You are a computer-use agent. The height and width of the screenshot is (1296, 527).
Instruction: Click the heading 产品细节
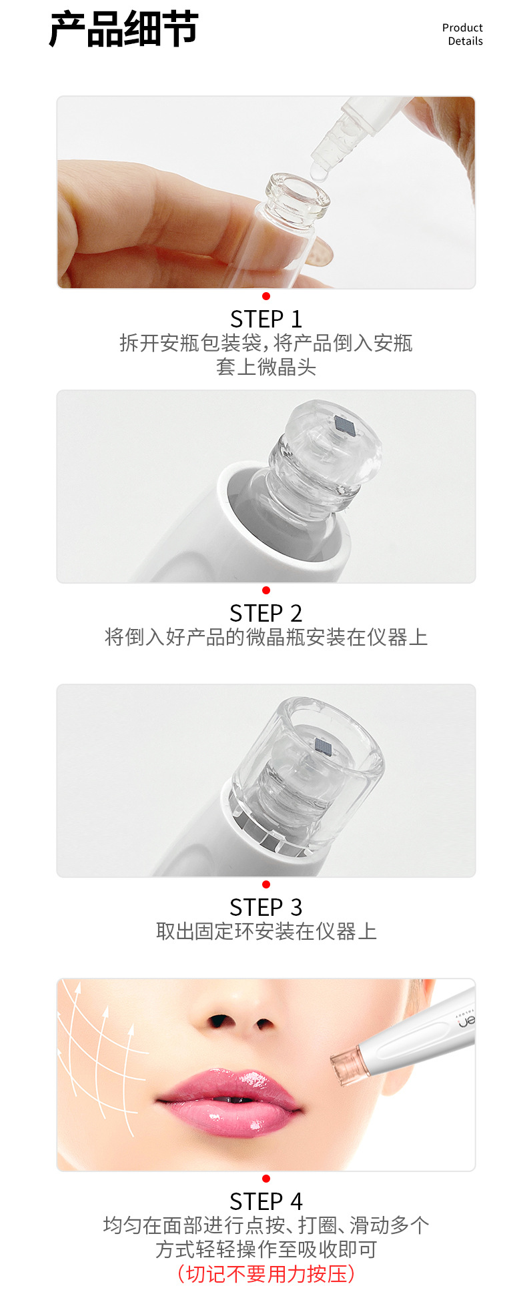(123, 29)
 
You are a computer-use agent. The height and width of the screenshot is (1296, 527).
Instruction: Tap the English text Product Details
(462, 34)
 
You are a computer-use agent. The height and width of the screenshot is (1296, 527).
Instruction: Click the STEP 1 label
(266, 319)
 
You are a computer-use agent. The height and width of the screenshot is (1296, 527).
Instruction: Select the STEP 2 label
(266, 613)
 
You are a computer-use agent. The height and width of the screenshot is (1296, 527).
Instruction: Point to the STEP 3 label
(266, 907)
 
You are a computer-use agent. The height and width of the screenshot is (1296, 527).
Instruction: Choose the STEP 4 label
(266, 1201)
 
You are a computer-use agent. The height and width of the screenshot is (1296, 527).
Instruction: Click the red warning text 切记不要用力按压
(266, 1273)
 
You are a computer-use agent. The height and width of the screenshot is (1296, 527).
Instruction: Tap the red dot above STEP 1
(266, 296)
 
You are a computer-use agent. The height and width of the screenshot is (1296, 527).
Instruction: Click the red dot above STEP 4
(266, 1179)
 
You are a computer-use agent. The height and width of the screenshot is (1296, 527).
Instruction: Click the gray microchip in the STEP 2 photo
(345, 424)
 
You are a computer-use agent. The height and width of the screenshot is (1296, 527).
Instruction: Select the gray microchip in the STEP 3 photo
(324, 746)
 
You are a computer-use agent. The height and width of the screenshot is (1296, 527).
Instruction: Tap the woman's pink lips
(228, 1102)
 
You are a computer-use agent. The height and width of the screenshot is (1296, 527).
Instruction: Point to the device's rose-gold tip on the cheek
(346, 1067)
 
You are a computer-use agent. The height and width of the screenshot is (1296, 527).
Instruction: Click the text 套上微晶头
(266, 367)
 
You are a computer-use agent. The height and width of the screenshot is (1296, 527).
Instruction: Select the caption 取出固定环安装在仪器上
(266, 931)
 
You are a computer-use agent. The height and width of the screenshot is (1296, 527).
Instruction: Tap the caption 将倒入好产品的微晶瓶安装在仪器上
(266, 637)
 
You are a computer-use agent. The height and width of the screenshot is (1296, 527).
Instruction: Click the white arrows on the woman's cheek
(100, 1061)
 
